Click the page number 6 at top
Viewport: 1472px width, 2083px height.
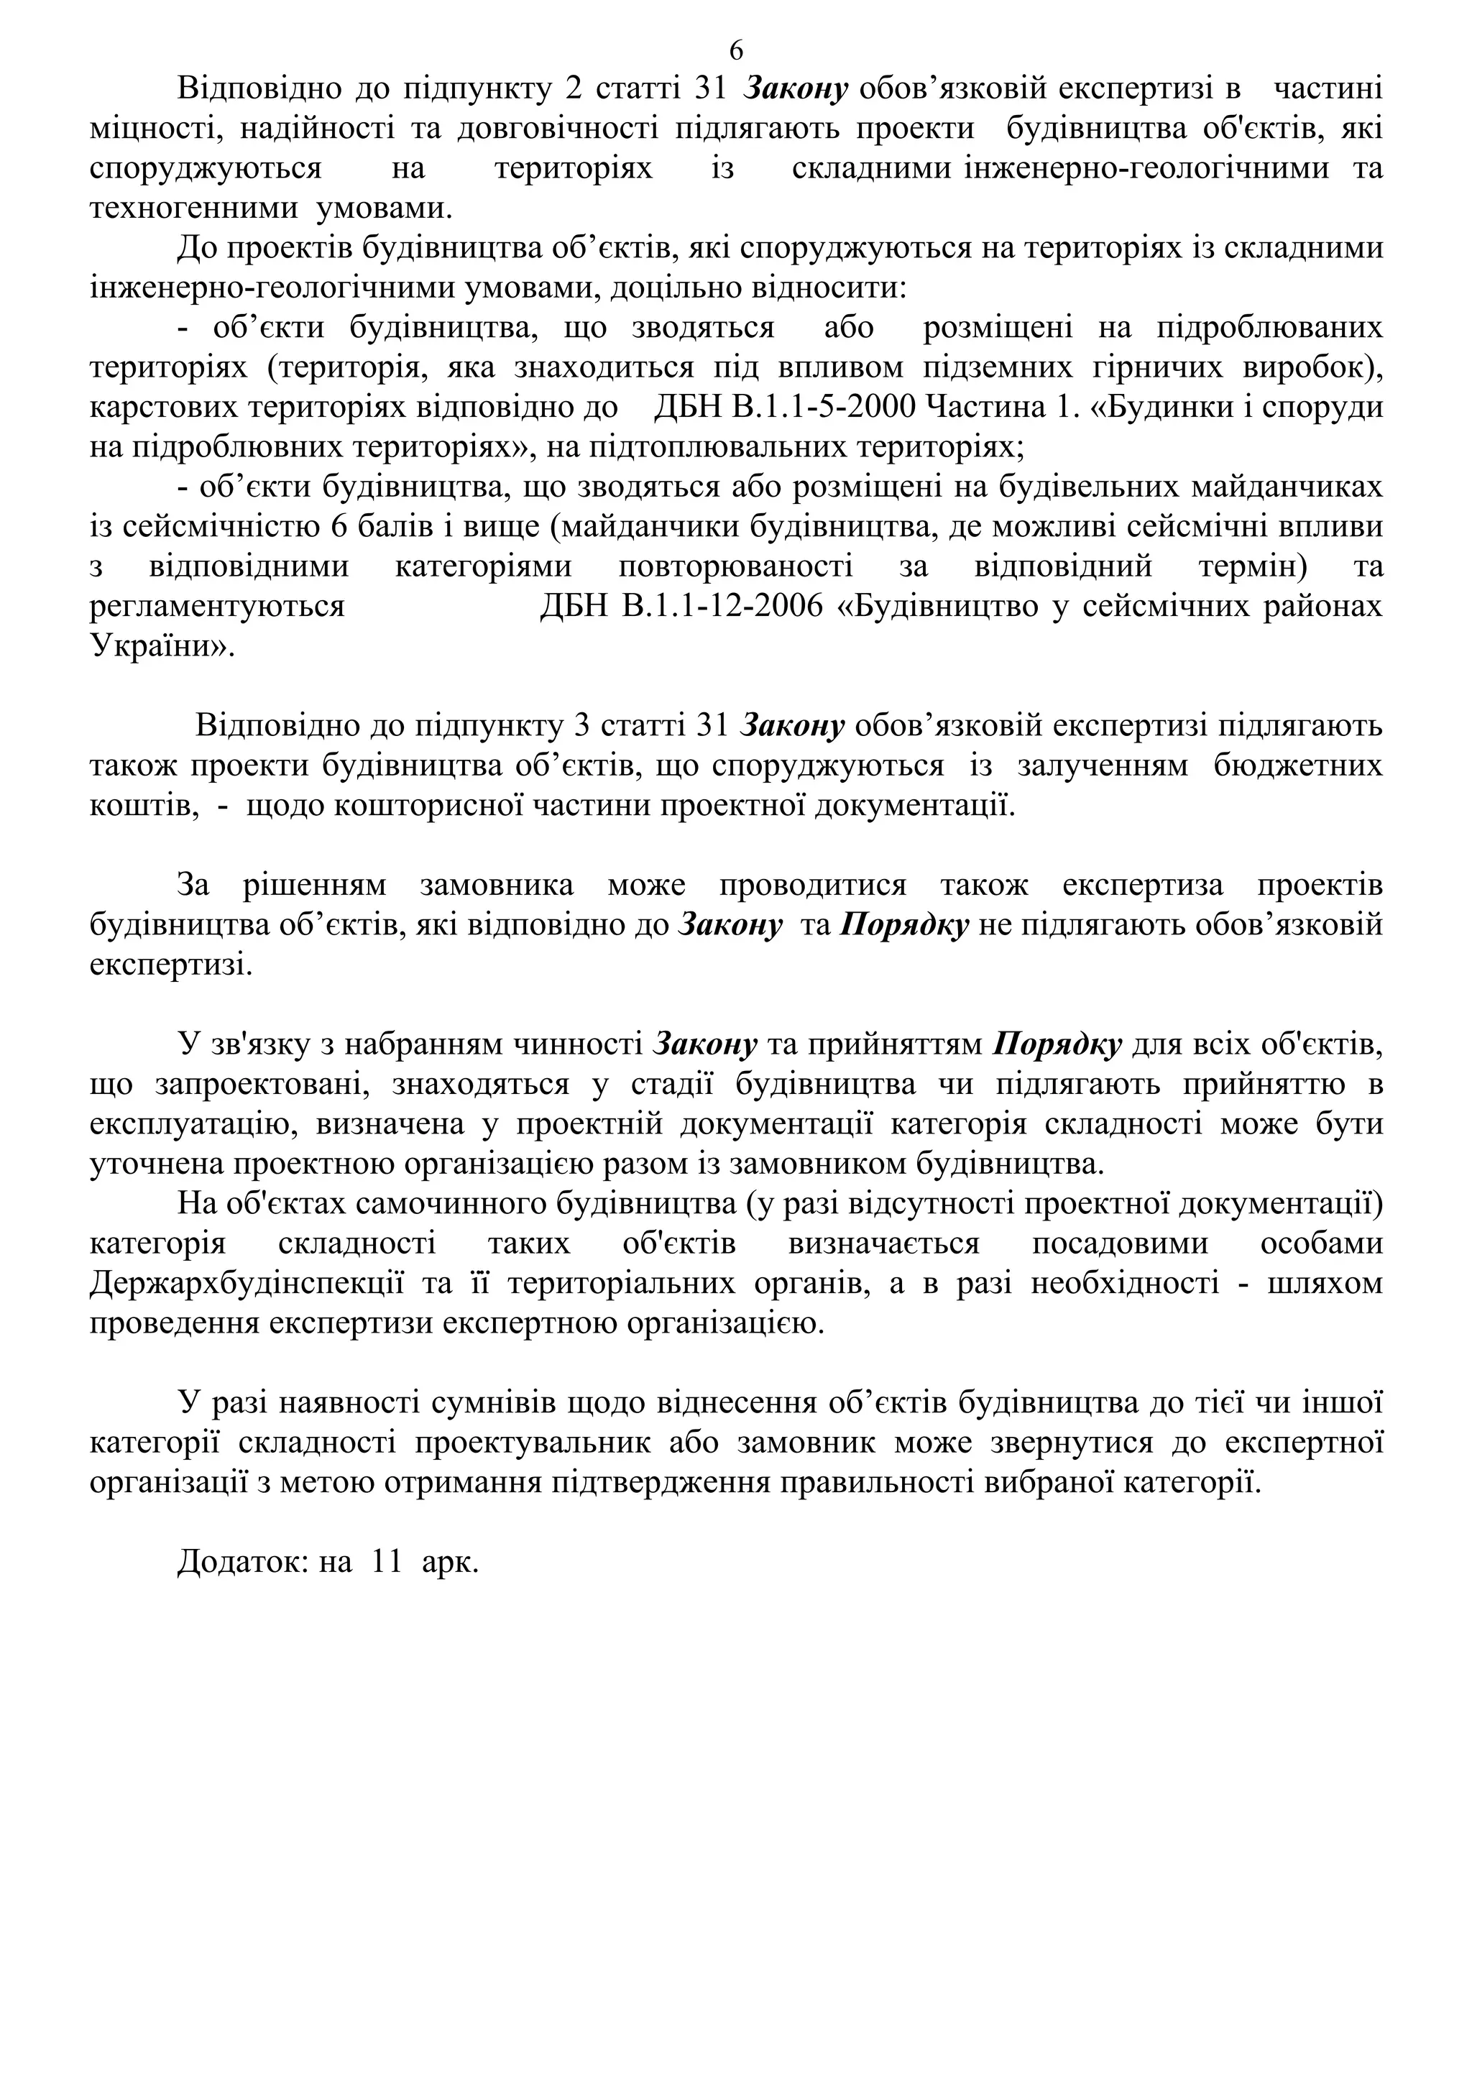[x=735, y=50]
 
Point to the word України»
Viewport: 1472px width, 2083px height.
[x=162, y=646]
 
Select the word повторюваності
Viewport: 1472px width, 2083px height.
[x=735, y=567]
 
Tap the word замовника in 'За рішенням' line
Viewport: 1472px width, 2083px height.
[x=496, y=886]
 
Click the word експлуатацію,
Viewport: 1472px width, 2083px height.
[x=193, y=1124]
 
